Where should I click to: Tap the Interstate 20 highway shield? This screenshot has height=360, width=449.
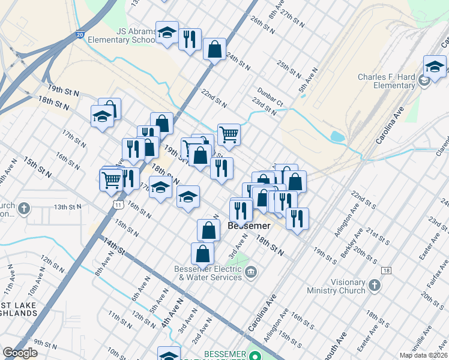pyautogui.click(x=80, y=35)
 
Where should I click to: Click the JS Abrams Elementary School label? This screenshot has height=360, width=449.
pyautogui.click(x=121, y=35)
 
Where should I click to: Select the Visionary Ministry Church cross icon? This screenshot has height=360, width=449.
pyautogui.click(x=375, y=286)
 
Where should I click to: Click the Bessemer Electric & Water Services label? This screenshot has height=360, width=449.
pyautogui.click(x=208, y=273)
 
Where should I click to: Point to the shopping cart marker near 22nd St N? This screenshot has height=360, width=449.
pyautogui.click(x=229, y=134)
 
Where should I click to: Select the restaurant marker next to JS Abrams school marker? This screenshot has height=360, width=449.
pyautogui.click(x=190, y=40)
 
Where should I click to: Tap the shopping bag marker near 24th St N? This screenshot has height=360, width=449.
pyautogui.click(x=214, y=50)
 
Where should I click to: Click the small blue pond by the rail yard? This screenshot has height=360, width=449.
pyautogui.click(x=337, y=137)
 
